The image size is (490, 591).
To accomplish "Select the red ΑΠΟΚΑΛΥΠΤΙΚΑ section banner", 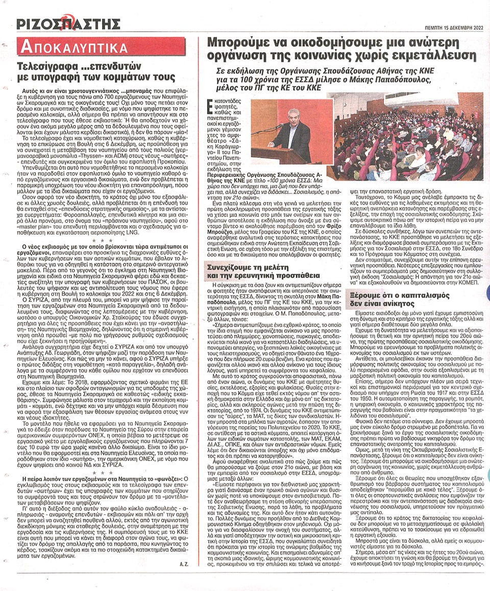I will click(x=72, y=48).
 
